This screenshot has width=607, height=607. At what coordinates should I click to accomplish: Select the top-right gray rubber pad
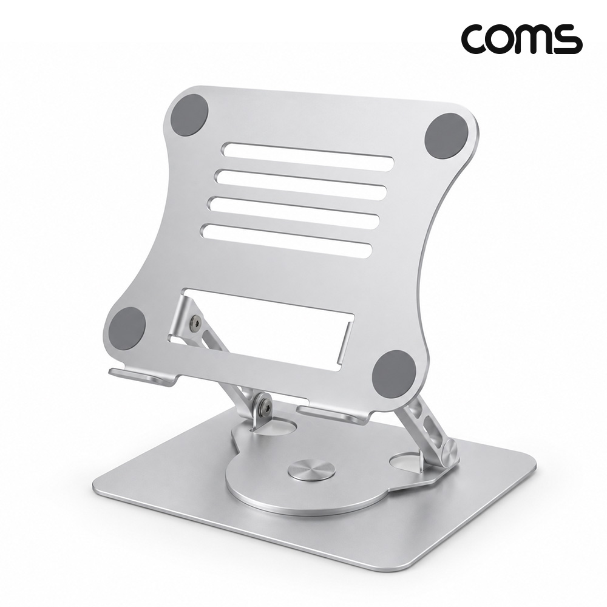tap(443, 136)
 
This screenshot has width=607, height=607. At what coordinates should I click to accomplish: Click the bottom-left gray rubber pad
tap(127, 328)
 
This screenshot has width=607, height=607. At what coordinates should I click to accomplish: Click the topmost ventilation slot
tap(308, 156)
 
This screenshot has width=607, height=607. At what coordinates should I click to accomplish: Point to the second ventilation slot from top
tap(301, 185)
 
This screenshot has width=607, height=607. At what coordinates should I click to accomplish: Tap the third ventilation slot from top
tap(294, 212)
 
